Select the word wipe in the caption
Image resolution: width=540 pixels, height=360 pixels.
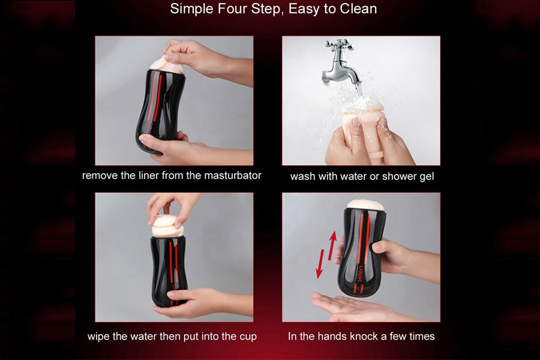click(100, 336)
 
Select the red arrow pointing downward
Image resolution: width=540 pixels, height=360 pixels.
click(319, 265)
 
